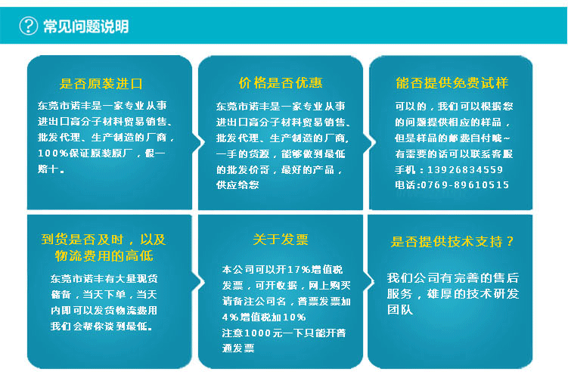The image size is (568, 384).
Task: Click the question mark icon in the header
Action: point(28,26)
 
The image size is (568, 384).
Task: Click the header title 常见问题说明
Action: point(85,26)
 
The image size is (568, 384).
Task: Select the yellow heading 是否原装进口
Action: point(101,83)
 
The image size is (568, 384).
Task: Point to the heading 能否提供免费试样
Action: point(452,82)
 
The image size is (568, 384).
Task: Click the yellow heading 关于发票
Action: point(281,240)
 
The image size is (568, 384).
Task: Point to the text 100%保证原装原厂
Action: point(92,153)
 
